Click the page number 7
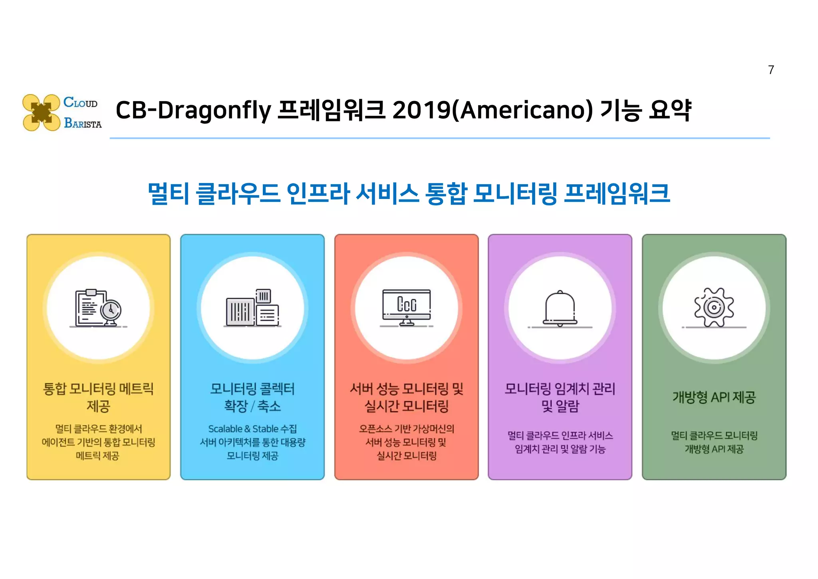pyautogui.click(x=771, y=70)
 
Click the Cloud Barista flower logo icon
pyautogui.click(x=41, y=112)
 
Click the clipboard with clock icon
pyautogui.click(x=98, y=308)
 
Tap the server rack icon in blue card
pyautogui.click(x=252, y=308)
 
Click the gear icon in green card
pyautogui.click(x=714, y=308)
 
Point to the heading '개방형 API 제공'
pyautogui.click(x=714, y=397)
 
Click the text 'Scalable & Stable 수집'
pyautogui.click(x=252, y=429)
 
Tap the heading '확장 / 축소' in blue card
pyautogui.click(x=252, y=406)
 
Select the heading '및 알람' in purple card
pyautogui.click(x=560, y=406)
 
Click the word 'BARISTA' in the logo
pyautogui.click(x=83, y=123)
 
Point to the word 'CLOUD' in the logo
pyautogui.click(x=80, y=103)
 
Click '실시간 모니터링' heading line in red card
pyautogui.click(x=407, y=406)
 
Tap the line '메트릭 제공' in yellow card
pyautogui.click(x=98, y=456)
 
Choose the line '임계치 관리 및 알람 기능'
pyautogui.click(x=560, y=449)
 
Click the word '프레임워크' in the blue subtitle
pyautogui.click(x=617, y=194)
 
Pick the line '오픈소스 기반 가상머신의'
pyautogui.click(x=407, y=429)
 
